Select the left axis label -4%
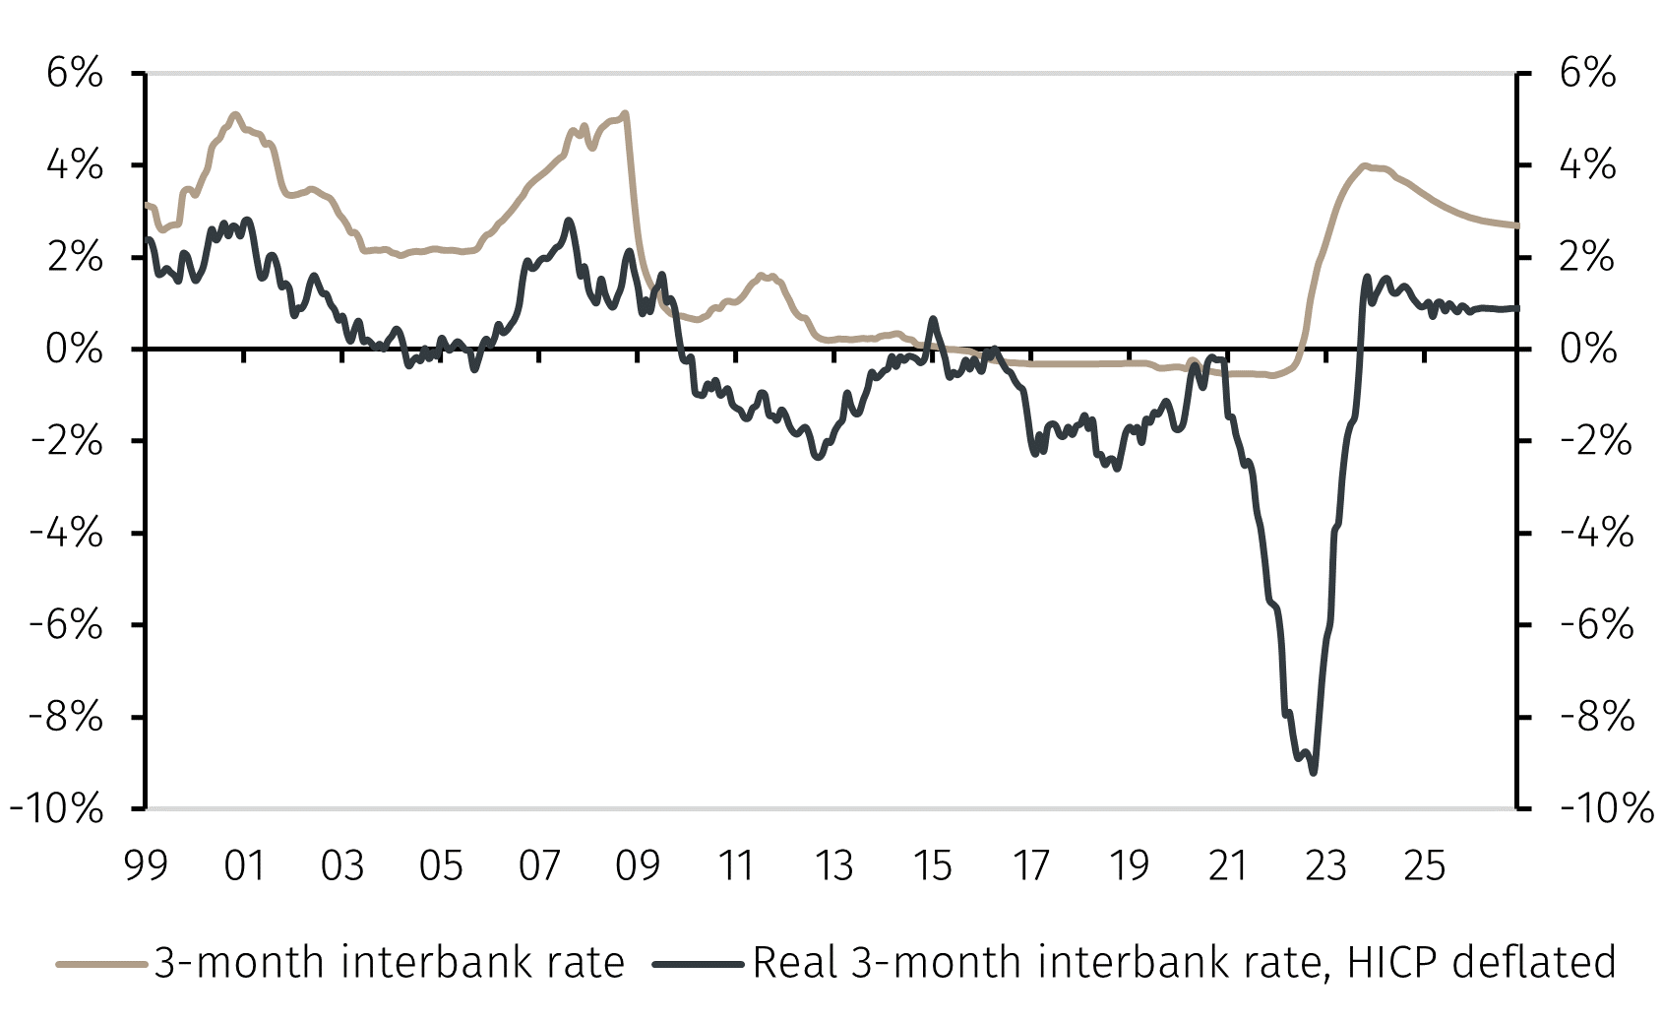click(x=67, y=534)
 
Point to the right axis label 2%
click(x=1587, y=258)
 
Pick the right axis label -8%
click(x=1597, y=718)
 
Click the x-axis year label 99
click(x=146, y=866)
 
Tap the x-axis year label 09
click(x=638, y=866)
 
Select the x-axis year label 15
click(x=932, y=866)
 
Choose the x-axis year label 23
click(x=1325, y=866)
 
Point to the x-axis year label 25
click(x=1424, y=866)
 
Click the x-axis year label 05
click(x=441, y=866)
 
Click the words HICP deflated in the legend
click(x=1481, y=962)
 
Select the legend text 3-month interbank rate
click(x=390, y=962)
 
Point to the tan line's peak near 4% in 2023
click(x=1364, y=165)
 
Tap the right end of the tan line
click(x=1516, y=225)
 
